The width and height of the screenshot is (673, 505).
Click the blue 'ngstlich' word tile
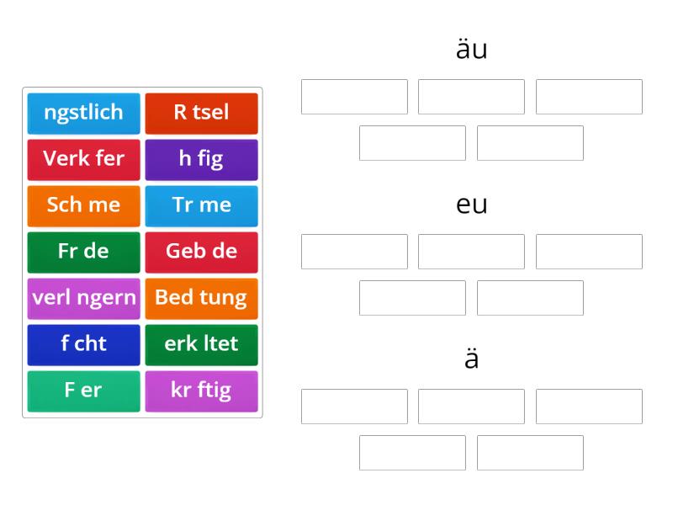pyautogui.click(x=83, y=114)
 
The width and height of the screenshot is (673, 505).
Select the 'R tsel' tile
pyautogui.click(x=202, y=114)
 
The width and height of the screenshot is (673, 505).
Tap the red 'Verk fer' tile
pyautogui.click(x=83, y=160)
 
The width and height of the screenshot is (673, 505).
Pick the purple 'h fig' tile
pyautogui.click(x=202, y=160)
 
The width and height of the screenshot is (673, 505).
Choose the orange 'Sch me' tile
pyautogui.click(x=83, y=206)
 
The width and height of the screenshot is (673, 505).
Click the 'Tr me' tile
pyautogui.click(x=202, y=206)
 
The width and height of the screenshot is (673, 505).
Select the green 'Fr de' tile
pyautogui.click(x=83, y=252)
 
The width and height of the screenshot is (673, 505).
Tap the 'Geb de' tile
pyautogui.click(x=202, y=252)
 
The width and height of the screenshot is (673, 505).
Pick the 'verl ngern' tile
pyautogui.click(x=83, y=299)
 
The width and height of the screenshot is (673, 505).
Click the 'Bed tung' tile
pyautogui.click(x=202, y=299)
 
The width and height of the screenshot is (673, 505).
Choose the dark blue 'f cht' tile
pyautogui.click(x=83, y=345)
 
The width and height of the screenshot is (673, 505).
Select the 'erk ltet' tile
pyautogui.click(x=202, y=345)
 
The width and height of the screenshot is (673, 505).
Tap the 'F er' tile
pyautogui.click(x=83, y=391)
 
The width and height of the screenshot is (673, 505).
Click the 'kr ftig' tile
pyautogui.click(x=202, y=391)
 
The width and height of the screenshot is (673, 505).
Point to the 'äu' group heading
pyautogui.click(x=472, y=49)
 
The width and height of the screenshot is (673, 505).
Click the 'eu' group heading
pyautogui.click(x=472, y=205)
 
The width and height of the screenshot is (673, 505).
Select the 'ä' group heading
pyautogui.click(x=472, y=359)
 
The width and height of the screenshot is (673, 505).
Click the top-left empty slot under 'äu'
pyautogui.click(x=354, y=97)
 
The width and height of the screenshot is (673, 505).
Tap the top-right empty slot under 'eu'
pyautogui.click(x=590, y=252)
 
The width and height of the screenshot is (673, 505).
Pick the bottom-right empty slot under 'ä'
pyautogui.click(x=531, y=453)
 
